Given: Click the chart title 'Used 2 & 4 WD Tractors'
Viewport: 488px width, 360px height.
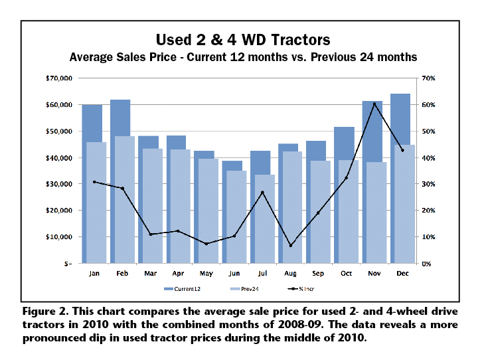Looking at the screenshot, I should [242, 38].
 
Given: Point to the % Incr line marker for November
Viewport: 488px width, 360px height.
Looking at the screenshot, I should [374, 104].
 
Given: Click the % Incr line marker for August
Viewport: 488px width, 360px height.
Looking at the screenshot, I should [290, 246].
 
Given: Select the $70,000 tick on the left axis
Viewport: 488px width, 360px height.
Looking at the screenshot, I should [58, 78].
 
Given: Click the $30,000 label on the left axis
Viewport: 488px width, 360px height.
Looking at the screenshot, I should [58, 184].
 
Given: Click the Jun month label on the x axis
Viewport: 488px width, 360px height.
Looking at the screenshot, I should [234, 273].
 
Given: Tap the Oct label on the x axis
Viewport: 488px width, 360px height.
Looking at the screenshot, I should [346, 273].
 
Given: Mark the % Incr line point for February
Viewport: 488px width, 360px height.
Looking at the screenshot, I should [122, 189].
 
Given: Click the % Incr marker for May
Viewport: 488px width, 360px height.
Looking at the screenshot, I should [206, 244].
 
